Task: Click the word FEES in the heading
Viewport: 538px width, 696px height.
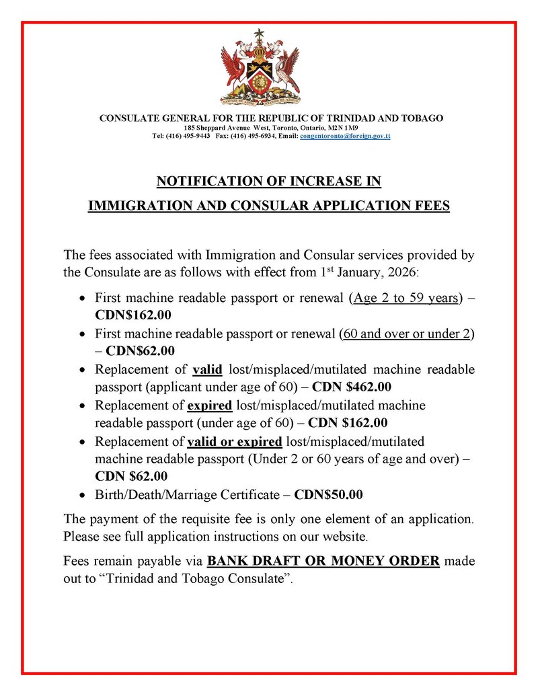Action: [x=430, y=206]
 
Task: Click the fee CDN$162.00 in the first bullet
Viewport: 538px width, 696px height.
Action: [x=133, y=313]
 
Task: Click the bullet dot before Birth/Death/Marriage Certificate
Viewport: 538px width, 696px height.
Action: [x=82, y=496]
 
